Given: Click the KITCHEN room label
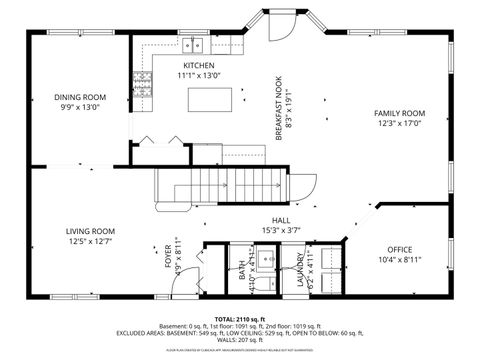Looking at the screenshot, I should [192, 65].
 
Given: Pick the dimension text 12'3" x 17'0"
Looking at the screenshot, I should [399, 124].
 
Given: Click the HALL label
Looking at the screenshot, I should [281, 221].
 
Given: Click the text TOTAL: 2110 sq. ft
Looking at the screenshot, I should [240, 318].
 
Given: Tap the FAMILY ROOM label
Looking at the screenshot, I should [399, 113].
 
